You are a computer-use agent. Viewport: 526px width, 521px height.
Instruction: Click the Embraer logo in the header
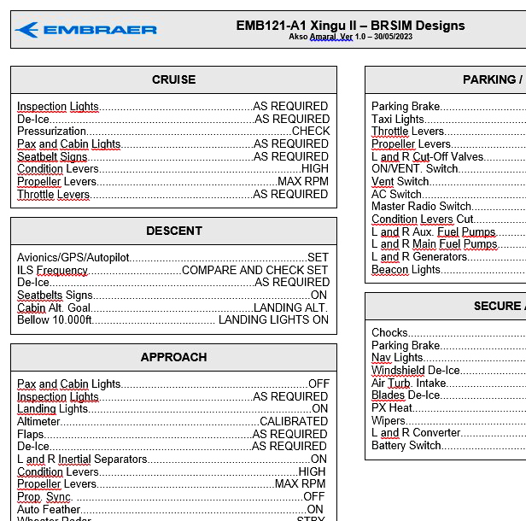point(85,30)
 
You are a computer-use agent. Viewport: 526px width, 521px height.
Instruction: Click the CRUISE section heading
point(173,79)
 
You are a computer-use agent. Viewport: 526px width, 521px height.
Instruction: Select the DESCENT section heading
point(173,231)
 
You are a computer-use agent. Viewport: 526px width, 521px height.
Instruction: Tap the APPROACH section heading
point(173,357)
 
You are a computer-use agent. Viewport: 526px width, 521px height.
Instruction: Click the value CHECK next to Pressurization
point(311,132)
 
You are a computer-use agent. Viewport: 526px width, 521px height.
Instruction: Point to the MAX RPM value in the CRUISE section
point(303,182)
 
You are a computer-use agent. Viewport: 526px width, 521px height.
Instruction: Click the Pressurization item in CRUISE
point(52,132)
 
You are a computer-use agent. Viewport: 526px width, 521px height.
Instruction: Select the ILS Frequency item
point(53,270)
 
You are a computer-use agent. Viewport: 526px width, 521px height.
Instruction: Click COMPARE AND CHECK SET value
point(254,270)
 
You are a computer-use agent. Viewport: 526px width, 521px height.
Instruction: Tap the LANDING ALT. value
point(290,307)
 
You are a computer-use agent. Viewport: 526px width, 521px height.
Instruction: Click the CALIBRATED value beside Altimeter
point(294,422)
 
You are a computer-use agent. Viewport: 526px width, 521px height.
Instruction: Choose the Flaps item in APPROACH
point(31,434)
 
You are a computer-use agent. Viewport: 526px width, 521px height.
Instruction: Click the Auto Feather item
point(49,509)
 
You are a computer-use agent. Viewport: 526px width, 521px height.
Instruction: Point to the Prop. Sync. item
point(44,496)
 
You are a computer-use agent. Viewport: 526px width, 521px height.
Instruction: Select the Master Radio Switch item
point(422,207)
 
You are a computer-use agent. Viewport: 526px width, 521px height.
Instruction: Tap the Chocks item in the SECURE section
point(390,333)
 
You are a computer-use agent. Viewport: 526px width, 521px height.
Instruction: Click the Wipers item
point(389,420)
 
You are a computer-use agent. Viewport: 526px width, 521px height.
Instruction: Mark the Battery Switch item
point(406,445)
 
